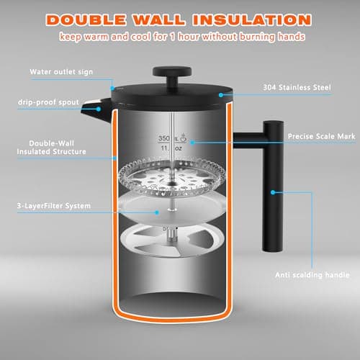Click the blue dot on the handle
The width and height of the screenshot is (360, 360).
(x=274, y=192)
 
